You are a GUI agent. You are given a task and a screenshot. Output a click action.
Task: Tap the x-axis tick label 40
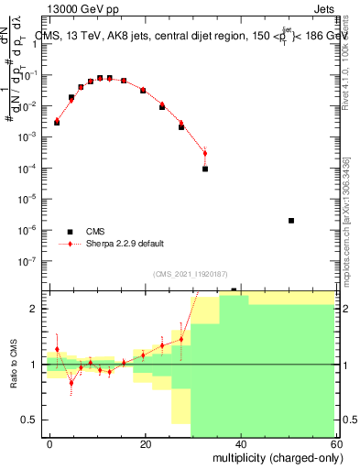tap(241, 443)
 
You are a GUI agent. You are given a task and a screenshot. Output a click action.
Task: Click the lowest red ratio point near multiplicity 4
tap(71, 383)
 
